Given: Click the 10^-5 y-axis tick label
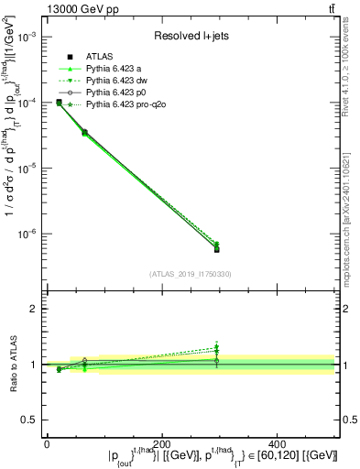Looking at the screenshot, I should coord(27,169).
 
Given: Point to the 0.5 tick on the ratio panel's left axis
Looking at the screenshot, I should coord(31,420).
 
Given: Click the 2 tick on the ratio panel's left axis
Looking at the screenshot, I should coord(35,309).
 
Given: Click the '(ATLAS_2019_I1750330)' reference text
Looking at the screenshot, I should coord(190,274).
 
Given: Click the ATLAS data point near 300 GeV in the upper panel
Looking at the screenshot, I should coord(216,249).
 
